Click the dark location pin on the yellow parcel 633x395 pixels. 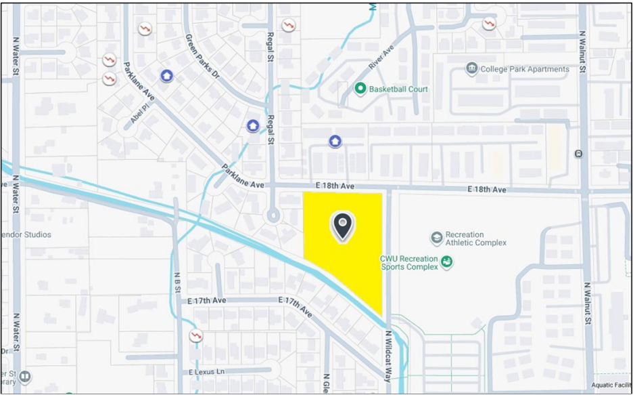point(343,226)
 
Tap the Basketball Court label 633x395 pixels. point(398,89)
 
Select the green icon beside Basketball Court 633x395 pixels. point(360,89)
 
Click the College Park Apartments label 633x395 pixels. point(524,69)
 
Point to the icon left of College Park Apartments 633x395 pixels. point(472,68)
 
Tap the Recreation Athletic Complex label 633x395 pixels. point(476,238)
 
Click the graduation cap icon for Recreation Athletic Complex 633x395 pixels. point(437,238)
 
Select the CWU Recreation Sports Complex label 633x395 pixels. point(409,262)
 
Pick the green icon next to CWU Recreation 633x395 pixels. point(446,262)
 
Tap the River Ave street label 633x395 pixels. point(381,58)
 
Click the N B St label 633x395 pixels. point(178,283)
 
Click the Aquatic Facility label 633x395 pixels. point(611,385)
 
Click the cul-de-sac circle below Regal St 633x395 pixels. point(273,216)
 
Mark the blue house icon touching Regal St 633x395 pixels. point(253,125)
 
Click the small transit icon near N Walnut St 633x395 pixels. point(578,154)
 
